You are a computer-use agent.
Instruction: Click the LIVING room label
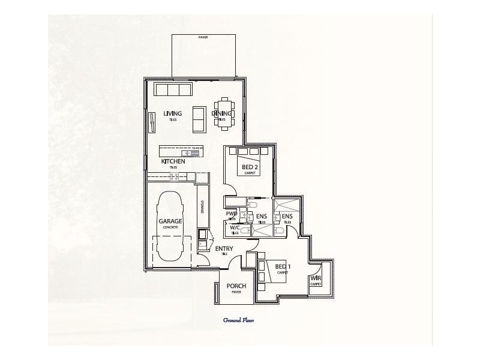(172, 113)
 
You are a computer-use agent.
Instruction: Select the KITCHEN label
(173, 161)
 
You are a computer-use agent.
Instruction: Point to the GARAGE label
(170, 221)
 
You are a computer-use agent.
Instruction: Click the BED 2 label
(250, 166)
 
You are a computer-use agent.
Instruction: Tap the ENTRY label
(224, 248)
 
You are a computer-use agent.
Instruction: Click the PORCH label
(236, 286)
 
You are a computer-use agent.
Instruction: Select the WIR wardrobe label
(316, 278)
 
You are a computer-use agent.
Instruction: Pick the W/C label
(234, 228)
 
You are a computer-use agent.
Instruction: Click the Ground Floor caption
(239, 320)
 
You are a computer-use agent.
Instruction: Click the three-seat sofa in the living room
(173, 90)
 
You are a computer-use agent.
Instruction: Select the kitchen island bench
(183, 151)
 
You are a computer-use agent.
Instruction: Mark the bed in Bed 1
(275, 272)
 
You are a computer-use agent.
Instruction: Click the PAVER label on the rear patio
(202, 37)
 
